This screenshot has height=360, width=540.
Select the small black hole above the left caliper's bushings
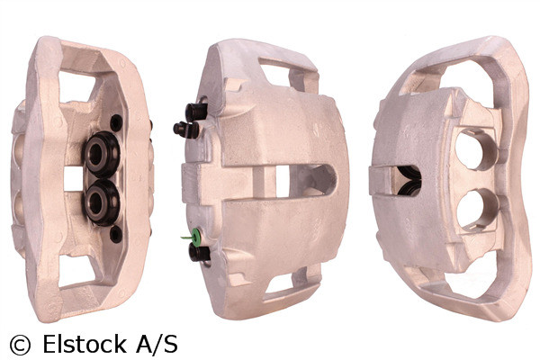tap(116, 122)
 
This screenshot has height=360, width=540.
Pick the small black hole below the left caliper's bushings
tap(115, 234)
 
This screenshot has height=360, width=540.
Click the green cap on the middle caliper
tap(185, 238)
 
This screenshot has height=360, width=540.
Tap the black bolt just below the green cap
tap(198, 252)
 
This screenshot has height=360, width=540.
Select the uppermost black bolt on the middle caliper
tap(195, 112)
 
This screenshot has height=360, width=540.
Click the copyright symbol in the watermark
tap(20, 344)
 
